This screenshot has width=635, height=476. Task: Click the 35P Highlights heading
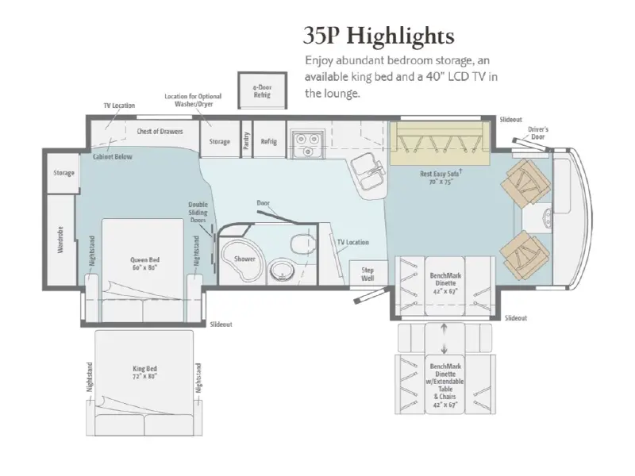pos(379,36)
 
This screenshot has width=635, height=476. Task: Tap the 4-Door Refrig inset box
pos(262,90)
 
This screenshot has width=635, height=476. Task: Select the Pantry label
pos(246,140)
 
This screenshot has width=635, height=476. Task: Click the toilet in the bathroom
pos(302,243)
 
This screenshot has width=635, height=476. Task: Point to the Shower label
pos(244,259)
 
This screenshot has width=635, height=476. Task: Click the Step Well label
pos(368,274)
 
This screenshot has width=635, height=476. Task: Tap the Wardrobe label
pos(60,240)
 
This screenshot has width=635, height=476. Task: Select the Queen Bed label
pos(144,263)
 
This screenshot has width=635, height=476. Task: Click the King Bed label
pos(144,372)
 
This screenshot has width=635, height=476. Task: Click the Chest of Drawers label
pos(160,131)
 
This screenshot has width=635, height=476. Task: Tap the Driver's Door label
pos(538,133)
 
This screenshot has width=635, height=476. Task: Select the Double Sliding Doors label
pos(198,212)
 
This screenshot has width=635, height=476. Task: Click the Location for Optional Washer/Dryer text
pos(193,100)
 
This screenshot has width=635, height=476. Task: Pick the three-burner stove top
pos(307,144)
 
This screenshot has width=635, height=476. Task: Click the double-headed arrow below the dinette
pos(444,339)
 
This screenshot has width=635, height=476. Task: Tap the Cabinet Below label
pos(113,156)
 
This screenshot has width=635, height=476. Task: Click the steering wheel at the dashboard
pos(547,217)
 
